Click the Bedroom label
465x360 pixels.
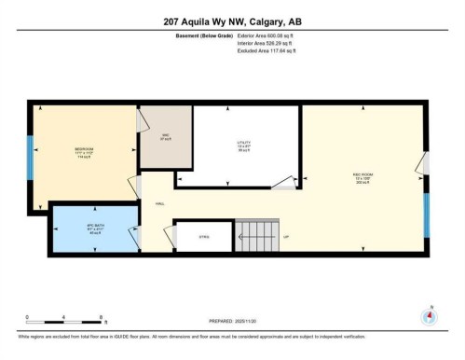pos(83,151)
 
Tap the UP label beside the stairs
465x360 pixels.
pos(287,237)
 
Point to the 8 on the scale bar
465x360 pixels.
pos(102,317)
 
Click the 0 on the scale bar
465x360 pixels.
pos(27,317)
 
